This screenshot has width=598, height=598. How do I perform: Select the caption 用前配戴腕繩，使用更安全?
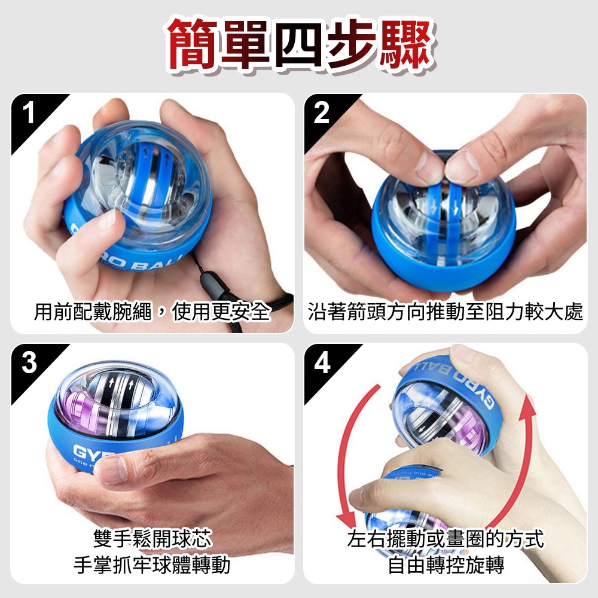pos(152,312)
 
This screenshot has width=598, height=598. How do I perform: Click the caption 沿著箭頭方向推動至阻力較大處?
pos(445,312)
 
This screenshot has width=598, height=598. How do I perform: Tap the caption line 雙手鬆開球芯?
pos(152,538)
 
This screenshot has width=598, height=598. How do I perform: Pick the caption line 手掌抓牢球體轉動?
pos(152,565)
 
